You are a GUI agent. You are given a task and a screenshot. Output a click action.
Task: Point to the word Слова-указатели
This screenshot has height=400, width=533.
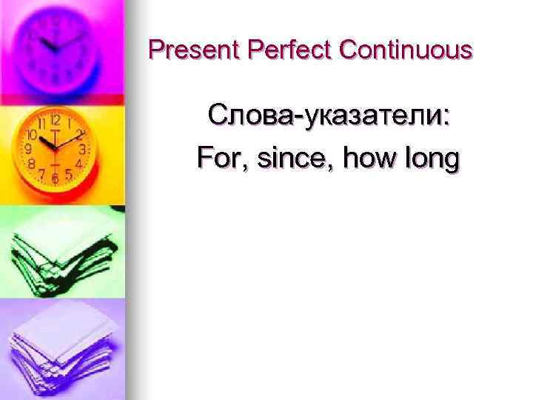pos(325,116)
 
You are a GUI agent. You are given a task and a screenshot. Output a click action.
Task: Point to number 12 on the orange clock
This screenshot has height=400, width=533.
pos(55,120)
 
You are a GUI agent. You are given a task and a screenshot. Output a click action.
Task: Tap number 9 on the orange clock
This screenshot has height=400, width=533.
pos(28,149)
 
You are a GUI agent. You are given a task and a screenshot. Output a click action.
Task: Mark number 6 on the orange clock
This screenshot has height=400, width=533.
pos(55,179)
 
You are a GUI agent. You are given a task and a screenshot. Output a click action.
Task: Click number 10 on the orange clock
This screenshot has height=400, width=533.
pos(32,135)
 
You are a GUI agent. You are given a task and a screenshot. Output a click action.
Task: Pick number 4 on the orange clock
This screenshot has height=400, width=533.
pos(78,161)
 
